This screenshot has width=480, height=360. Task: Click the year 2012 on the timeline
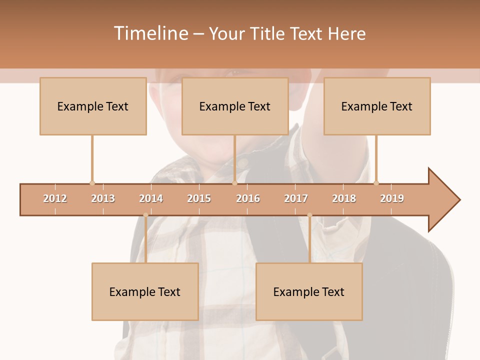coord(55,198)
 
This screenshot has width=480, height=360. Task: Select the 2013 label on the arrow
coord(103,198)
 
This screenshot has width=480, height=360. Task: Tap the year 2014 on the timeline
coord(151,198)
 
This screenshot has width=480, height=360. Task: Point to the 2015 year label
coord(199,198)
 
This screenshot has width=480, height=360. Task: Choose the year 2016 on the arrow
coord(248,198)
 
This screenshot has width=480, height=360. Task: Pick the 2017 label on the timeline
coord(296,198)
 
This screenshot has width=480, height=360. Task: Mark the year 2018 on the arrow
coord(344,198)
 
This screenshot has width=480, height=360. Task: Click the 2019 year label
coord(392,198)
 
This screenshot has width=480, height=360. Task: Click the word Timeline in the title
coord(150,33)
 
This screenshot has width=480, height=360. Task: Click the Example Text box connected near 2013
coord(93,106)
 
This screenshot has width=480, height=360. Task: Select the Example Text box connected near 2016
coord(235,106)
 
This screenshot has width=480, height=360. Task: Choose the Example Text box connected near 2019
coord(377,106)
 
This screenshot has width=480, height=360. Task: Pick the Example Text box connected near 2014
coord(145,291)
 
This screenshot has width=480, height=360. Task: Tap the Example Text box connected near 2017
coord(309,291)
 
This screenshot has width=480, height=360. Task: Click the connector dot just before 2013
coord(92,183)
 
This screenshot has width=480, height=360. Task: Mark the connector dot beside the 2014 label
coord(145,215)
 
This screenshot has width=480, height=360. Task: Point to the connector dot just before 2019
coord(376,183)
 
